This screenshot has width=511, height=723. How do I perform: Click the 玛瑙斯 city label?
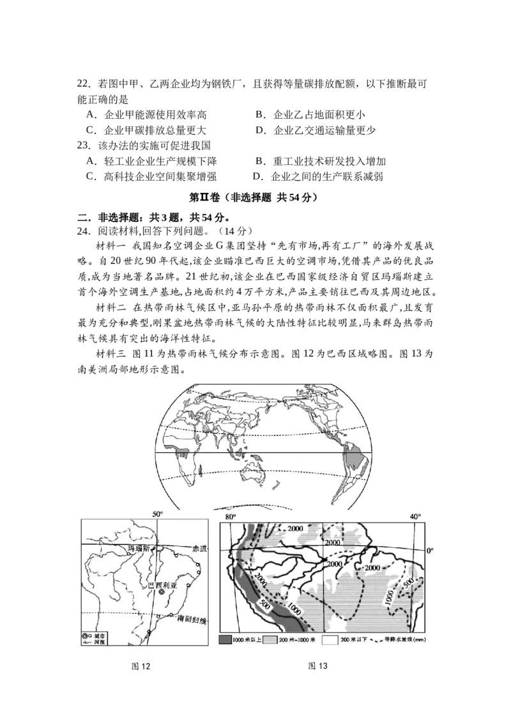(x=138, y=549)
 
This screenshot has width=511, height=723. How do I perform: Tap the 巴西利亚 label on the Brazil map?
(x=160, y=584)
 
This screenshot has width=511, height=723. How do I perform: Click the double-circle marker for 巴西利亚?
(x=162, y=592)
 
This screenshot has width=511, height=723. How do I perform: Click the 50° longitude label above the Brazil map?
(x=157, y=515)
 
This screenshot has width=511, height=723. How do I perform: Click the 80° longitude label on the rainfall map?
(x=230, y=515)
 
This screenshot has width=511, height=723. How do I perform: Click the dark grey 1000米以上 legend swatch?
(x=224, y=639)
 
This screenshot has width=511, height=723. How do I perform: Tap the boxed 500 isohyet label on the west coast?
(x=265, y=604)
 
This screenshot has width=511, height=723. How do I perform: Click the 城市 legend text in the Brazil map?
(x=98, y=637)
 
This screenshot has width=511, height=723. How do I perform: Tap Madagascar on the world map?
(x=201, y=471)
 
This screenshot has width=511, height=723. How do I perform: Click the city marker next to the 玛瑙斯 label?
(x=130, y=554)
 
